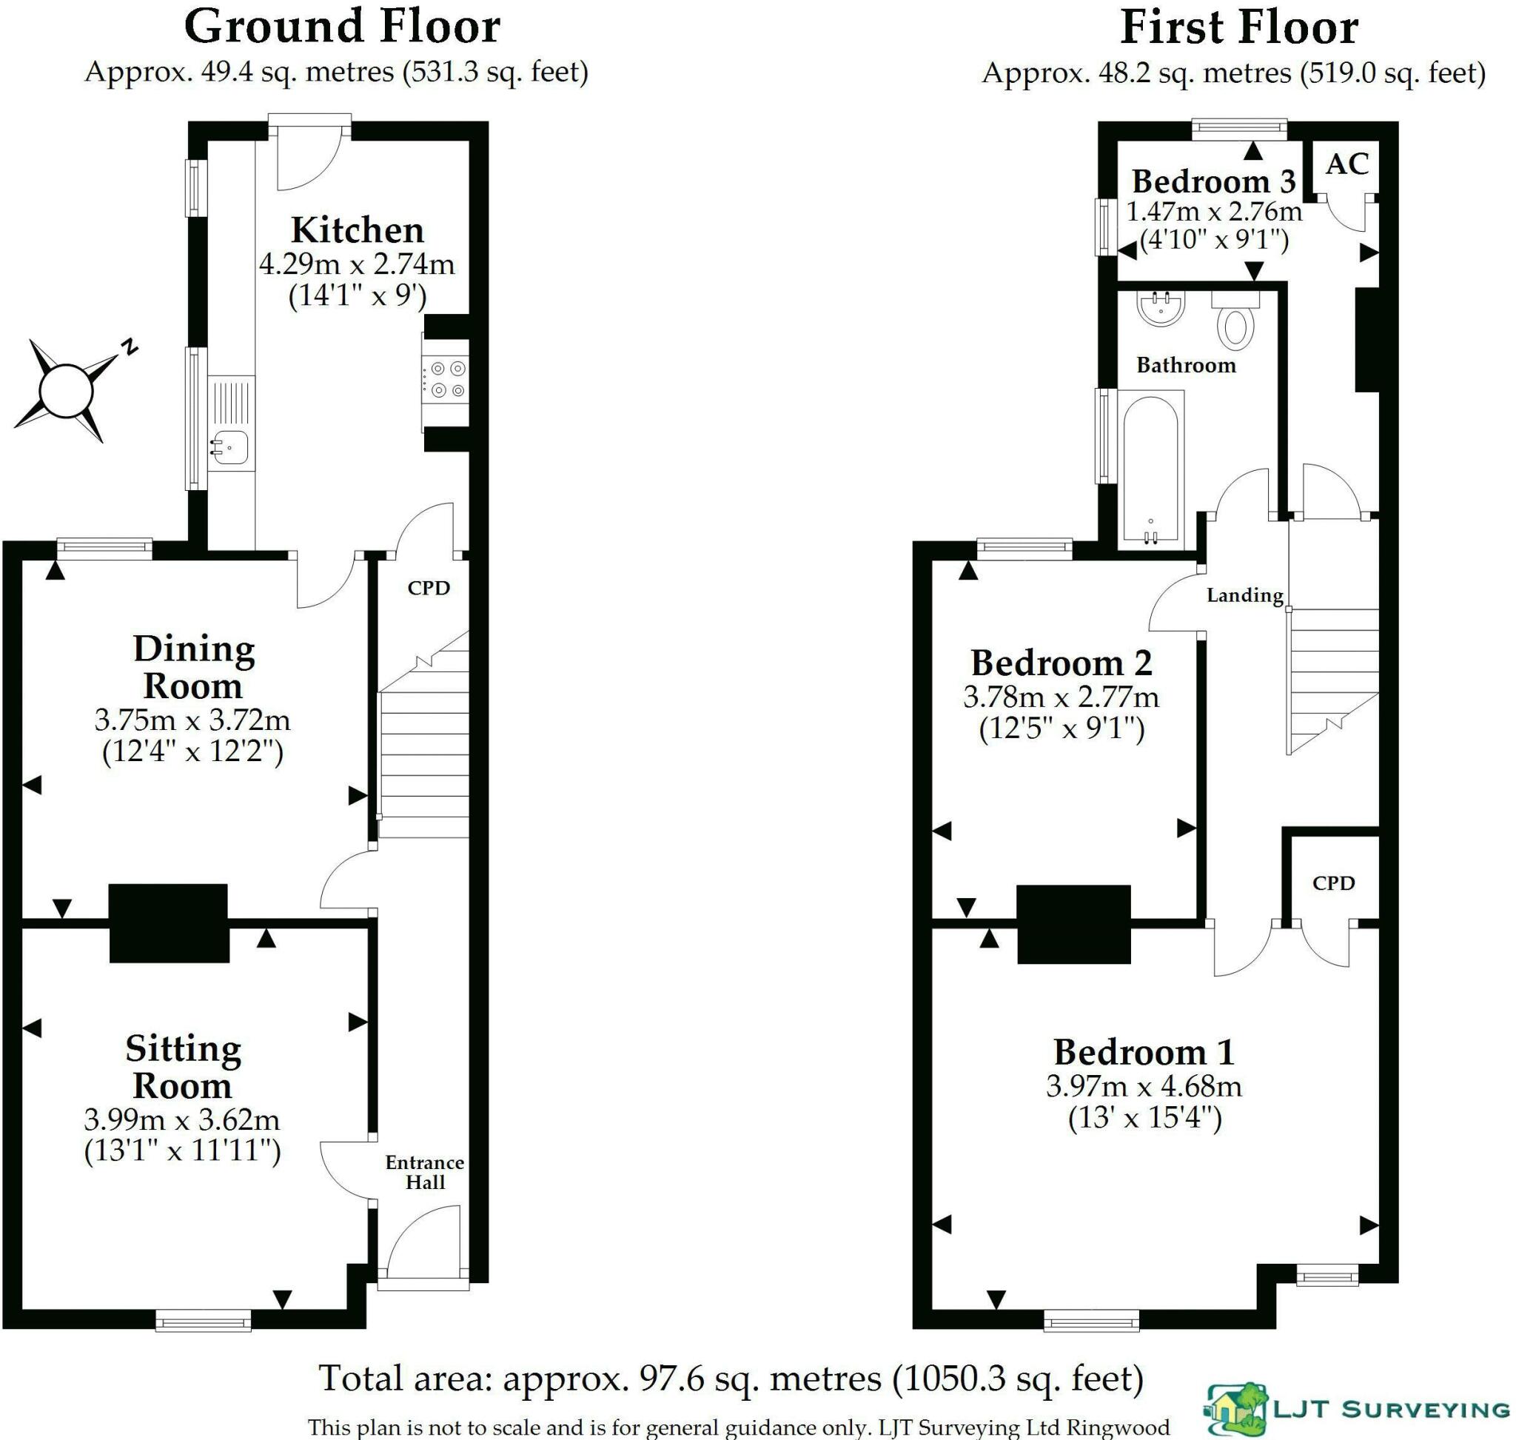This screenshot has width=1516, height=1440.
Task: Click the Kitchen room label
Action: tap(357, 230)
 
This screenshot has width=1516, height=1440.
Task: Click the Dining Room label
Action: tap(193, 667)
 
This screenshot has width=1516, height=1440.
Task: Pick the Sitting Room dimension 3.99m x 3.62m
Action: tap(182, 1120)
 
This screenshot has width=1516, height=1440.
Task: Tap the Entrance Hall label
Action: tap(424, 1172)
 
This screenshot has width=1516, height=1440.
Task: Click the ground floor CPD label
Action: tap(429, 588)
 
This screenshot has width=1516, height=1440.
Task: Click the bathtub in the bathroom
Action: tap(1150, 470)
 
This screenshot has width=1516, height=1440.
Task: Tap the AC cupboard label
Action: tap(1347, 164)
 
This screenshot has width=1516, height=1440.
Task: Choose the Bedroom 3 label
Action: tap(1213, 182)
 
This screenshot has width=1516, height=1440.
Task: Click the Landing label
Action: tap(1244, 595)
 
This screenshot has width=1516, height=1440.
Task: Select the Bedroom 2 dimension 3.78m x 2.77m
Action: tap(1061, 697)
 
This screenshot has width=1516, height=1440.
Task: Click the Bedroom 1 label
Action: tap(1144, 1051)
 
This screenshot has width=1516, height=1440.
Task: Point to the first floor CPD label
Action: tap(1333, 883)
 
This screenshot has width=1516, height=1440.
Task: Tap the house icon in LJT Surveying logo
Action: tap(1235, 1410)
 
